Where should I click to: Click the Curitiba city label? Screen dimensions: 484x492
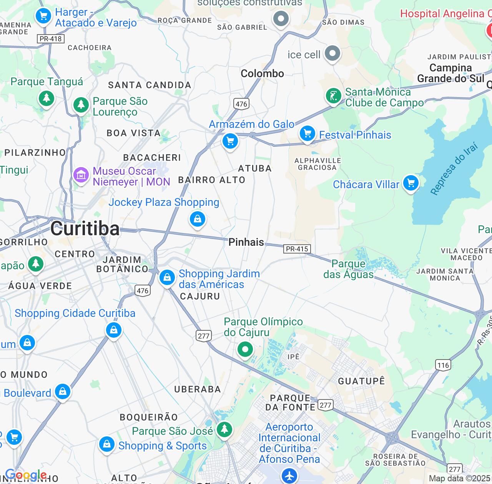click(85, 229)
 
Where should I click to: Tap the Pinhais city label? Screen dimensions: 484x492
click(246, 242)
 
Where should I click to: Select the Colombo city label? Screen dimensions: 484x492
click(262, 73)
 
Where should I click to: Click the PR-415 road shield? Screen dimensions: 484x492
click(297, 249)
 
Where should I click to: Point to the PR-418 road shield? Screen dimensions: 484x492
click(51, 38)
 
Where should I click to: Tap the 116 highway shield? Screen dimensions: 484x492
click(443, 365)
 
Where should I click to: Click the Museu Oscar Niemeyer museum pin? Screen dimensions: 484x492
click(81, 175)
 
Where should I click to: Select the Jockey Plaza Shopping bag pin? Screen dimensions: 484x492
click(198, 219)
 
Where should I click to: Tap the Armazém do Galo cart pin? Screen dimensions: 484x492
click(230, 141)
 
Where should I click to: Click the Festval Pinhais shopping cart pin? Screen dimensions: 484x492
click(307, 134)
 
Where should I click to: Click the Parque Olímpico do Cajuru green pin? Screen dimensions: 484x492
click(245, 350)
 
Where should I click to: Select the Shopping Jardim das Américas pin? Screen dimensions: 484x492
click(167, 277)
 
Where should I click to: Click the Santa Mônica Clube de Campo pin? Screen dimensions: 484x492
click(333, 96)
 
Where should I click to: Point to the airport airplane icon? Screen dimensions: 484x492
click(289, 476)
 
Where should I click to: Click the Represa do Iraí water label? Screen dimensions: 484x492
click(455, 169)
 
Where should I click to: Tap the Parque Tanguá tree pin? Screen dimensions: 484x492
click(47, 98)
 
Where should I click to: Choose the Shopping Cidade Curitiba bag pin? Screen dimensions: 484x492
click(114, 330)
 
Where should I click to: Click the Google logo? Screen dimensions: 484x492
click(26, 475)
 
